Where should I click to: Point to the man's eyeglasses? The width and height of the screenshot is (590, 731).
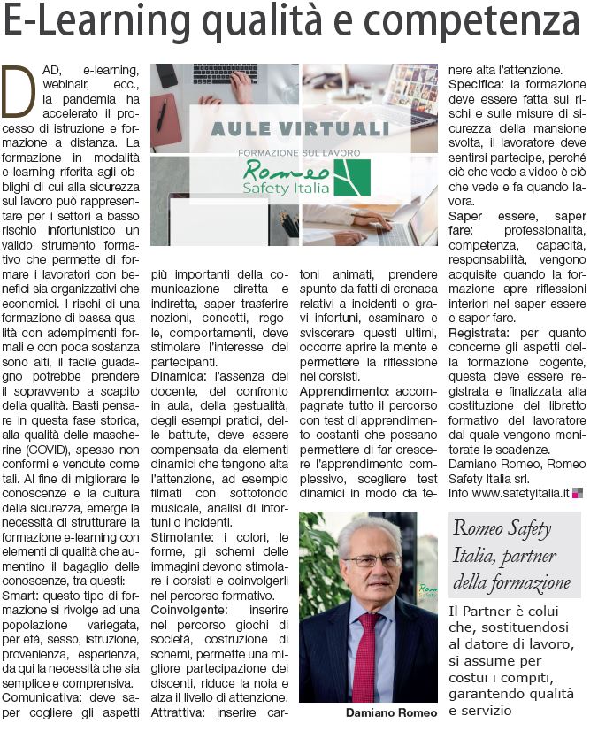(x=372, y=561)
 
